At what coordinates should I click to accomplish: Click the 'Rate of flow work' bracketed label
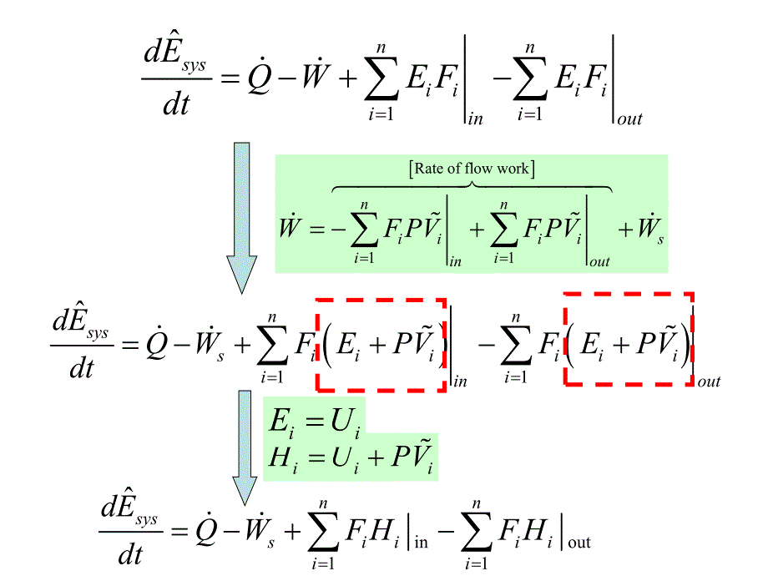tap(472, 169)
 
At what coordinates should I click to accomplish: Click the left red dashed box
tap(381, 344)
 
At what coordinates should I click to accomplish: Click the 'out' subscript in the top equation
tap(629, 119)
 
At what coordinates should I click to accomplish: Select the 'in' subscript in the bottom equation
tap(422, 542)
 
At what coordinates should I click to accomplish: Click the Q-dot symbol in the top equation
tap(258, 78)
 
